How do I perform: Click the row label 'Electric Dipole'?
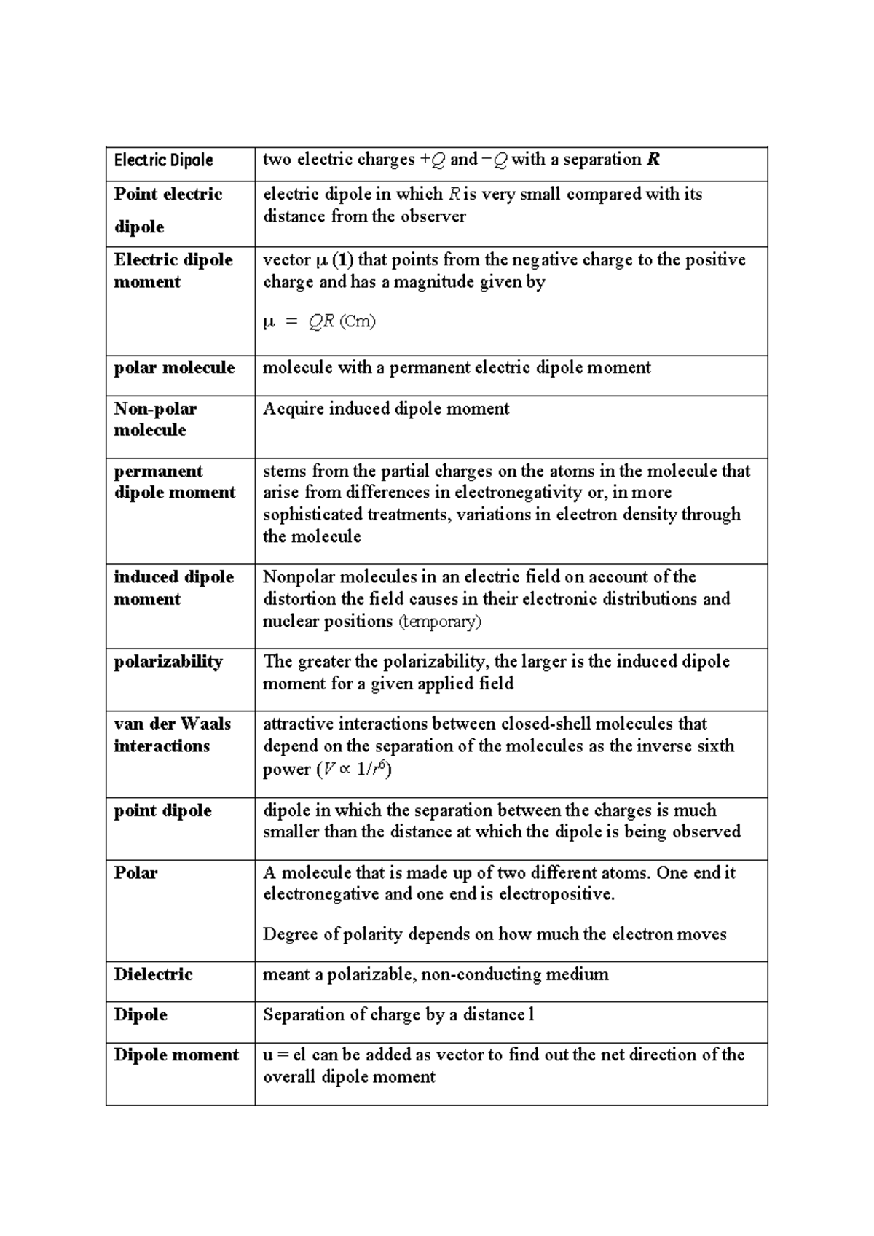click(x=163, y=160)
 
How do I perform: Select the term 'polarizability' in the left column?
click(x=168, y=662)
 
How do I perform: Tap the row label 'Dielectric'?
click(x=153, y=974)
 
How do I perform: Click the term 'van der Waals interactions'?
click(x=172, y=735)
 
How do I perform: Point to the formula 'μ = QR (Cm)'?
click(x=319, y=321)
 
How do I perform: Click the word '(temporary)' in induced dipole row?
click(x=440, y=622)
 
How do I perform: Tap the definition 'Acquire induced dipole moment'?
click(x=386, y=409)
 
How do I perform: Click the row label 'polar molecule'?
click(x=174, y=367)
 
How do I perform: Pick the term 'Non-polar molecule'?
click(x=154, y=419)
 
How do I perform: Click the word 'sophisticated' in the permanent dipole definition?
click(x=312, y=515)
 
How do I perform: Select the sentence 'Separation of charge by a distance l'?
click(x=398, y=1014)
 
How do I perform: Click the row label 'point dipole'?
click(x=162, y=810)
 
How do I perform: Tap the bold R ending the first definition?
click(x=653, y=160)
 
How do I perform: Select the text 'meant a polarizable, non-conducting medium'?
click(x=436, y=974)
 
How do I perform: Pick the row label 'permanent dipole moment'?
click(x=175, y=482)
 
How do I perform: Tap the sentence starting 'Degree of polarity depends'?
click(x=495, y=934)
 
